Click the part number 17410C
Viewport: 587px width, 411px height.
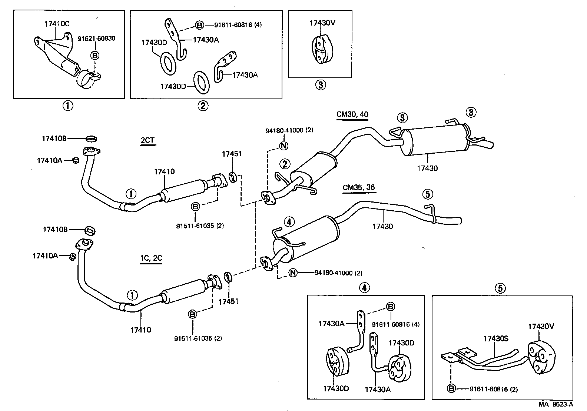(x=57, y=24)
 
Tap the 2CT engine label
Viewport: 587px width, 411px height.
(x=147, y=141)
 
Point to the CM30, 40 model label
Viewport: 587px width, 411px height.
(x=352, y=114)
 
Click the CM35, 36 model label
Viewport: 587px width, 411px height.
(x=358, y=187)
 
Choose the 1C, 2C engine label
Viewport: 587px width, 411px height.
(x=151, y=258)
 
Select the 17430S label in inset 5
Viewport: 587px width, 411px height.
(x=495, y=338)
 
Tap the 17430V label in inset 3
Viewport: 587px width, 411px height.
(x=322, y=23)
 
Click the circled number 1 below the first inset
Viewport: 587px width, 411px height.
(x=67, y=106)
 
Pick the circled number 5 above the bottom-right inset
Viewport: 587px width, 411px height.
(x=500, y=288)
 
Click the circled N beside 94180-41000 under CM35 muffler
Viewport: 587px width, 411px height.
(x=293, y=273)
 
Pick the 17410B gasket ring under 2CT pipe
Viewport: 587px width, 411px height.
(x=92, y=139)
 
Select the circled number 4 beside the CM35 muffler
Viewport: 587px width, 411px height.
(x=289, y=222)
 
